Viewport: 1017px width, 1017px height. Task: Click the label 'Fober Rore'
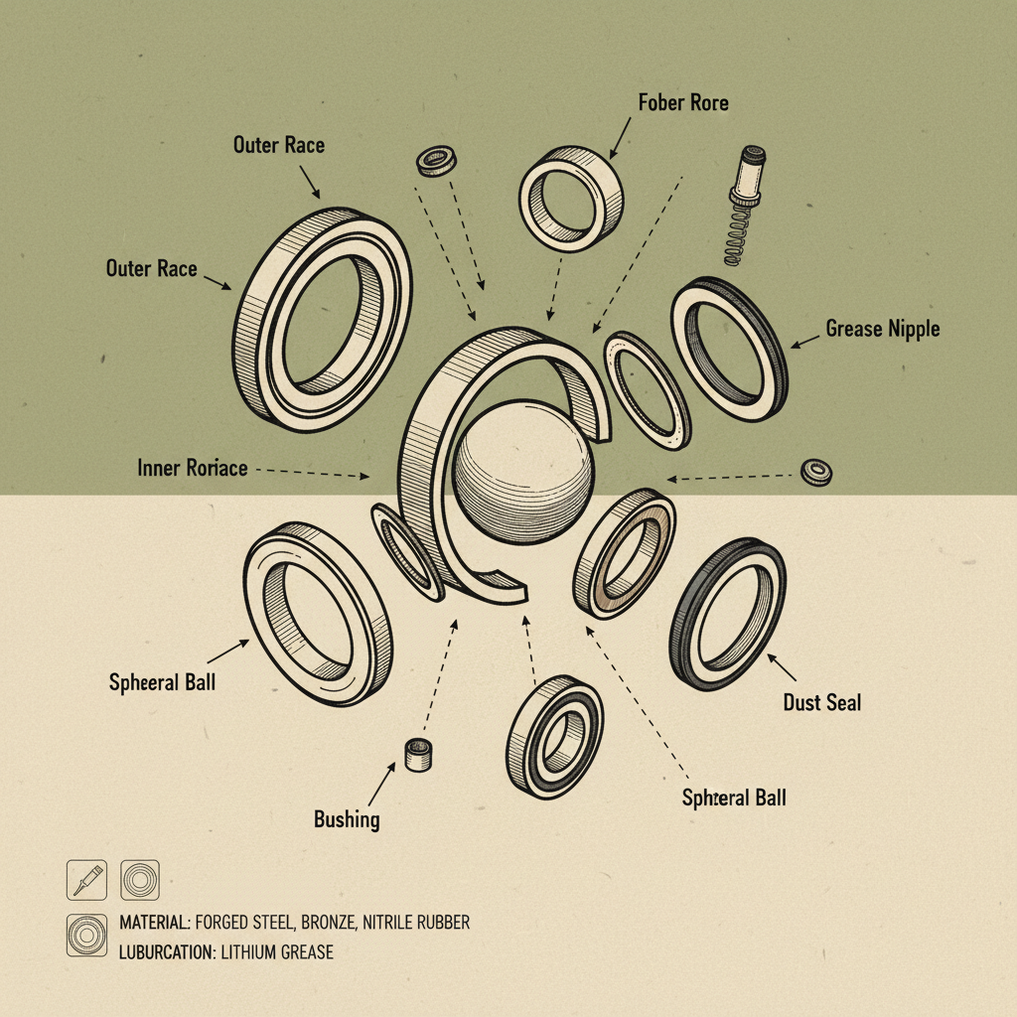coord(683,102)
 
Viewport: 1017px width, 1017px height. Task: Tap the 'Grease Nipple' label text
coord(882,329)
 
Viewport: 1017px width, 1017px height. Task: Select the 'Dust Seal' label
coord(821,702)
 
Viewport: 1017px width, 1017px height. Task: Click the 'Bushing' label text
coord(347,819)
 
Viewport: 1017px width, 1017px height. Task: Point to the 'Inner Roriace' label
coord(192,468)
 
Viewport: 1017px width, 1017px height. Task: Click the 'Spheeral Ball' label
coord(162,682)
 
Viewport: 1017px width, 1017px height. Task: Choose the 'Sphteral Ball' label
coord(734,798)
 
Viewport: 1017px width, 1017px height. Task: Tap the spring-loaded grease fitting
coord(745,205)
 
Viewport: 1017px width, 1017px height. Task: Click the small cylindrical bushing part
coord(418,755)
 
